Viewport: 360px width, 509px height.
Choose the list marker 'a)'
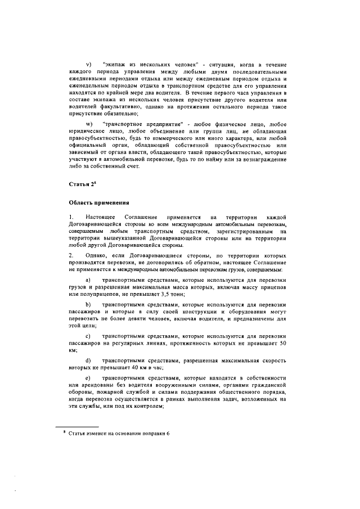coord(88,280)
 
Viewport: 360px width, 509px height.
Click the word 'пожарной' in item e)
coord(106,392)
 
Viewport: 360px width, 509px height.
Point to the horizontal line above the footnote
coord(83,426)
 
